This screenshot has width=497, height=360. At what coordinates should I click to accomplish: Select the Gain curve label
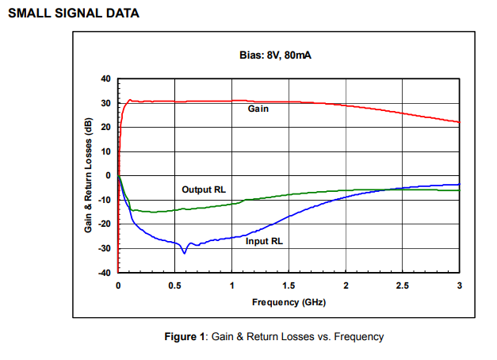pos(258,109)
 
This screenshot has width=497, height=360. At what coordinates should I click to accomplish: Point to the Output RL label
pos(203,190)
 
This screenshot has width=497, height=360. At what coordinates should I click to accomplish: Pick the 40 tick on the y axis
pos(106,79)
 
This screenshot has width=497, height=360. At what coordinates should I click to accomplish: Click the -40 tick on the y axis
pos(105,273)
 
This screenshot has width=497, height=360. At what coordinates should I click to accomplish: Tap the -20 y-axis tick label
pos(105,224)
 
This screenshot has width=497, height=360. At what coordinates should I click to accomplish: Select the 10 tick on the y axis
pos(106,151)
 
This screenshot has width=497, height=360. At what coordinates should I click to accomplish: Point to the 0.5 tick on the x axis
pos(174,285)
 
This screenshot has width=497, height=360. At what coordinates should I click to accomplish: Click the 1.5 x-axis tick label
pos(289,285)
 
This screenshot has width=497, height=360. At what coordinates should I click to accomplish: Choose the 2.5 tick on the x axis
pos(403,285)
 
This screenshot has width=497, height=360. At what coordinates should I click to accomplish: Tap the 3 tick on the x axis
pos(460,285)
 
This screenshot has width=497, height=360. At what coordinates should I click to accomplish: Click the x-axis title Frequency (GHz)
pos(289,302)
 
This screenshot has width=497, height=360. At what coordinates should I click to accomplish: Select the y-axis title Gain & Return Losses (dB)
pos(89,175)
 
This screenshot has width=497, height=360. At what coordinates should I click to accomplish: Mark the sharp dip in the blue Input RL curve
pos(185,252)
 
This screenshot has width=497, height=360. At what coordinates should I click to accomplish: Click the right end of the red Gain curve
pos(459,122)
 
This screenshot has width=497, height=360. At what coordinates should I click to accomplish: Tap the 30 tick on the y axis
pos(106,103)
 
